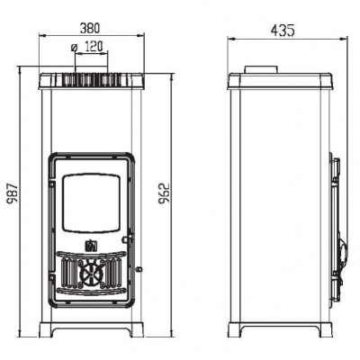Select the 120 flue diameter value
(x=94, y=47)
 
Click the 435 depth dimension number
(x=282, y=30)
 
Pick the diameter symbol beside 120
(x=72, y=48)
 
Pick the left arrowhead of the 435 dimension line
(x=229, y=39)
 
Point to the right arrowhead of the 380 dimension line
(x=144, y=37)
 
